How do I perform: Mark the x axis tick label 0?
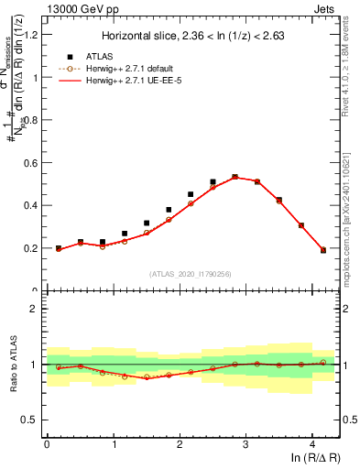pyautogui.click(x=47, y=443)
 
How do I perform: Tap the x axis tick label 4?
pyautogui.click(x=312, y=443)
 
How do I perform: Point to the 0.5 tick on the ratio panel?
pyautogui.click(x=32, y=420)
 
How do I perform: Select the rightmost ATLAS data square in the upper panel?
pyautogui.click(x=322, y=250)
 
